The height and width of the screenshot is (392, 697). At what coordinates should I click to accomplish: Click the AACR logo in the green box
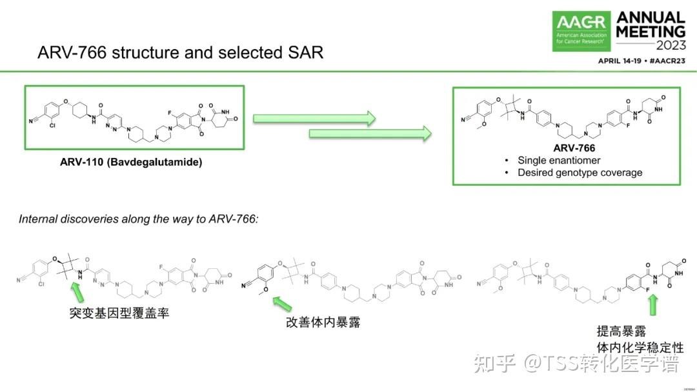[x=581, y=30]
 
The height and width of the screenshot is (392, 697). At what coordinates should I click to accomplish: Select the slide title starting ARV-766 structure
[x=180, y=52]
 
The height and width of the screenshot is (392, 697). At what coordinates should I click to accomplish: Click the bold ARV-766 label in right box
[x=574, y=148]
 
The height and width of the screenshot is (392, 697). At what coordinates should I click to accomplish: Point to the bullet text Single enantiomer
[x=559, y=160]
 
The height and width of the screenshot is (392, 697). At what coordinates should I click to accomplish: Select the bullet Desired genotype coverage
[x=580, y=172]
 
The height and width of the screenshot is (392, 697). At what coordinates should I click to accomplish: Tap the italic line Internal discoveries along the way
[x=138, y=219]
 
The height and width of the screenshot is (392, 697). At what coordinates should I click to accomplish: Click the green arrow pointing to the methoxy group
[x=282, y=302]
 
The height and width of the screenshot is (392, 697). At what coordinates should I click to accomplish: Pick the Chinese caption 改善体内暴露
[x=323, y=322]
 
